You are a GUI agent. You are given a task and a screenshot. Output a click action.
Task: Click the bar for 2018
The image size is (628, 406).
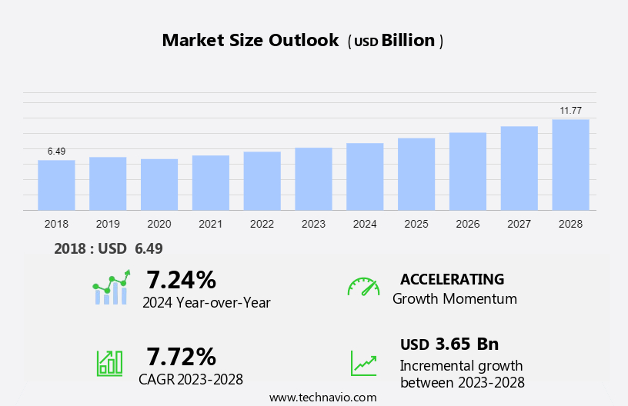(x=56, y=185)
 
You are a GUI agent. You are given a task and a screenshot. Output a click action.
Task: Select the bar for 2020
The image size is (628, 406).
(x=159, y=184)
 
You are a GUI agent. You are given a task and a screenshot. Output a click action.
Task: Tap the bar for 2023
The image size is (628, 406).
(x=313, y=178)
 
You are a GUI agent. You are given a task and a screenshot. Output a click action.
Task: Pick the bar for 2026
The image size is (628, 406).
(x=468, y=171)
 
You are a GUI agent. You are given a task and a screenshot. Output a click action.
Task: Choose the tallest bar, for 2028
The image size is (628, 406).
(x=570, y=165)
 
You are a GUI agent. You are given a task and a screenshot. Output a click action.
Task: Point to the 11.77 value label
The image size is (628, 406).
(x=570, y=111)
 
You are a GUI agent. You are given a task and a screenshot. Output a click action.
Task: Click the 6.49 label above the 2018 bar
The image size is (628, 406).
(x=56, y=151)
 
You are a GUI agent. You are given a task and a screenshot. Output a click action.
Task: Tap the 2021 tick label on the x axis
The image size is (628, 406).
(x=210, y=224)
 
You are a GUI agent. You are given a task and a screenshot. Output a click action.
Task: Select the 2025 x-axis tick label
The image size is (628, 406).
(x=416, y=224)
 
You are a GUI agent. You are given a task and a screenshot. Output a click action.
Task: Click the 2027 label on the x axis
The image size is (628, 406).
(x=519, y=224)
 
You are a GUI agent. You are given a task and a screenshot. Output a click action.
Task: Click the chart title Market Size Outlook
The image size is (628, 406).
(x=250, y=41)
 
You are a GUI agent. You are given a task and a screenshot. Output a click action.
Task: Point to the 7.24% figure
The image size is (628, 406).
(x=182, y=278)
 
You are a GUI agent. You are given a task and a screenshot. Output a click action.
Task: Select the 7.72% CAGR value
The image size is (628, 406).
(x=182, y=356)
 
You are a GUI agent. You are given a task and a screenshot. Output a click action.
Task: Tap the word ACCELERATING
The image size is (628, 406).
(x=452, y=279)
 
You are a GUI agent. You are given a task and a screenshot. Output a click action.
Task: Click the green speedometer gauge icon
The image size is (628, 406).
(x=363, y=287)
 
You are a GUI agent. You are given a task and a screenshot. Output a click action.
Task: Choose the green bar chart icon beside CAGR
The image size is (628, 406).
(x=109, y=362)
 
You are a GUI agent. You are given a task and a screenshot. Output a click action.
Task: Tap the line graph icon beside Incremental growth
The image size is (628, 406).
(x=363, y=363)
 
